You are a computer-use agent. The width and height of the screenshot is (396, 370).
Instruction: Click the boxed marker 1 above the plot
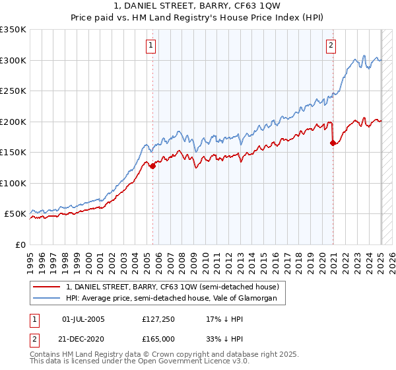152,46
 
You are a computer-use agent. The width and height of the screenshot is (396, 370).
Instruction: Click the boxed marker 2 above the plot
331,46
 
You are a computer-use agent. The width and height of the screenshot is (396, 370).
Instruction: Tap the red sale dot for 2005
152,166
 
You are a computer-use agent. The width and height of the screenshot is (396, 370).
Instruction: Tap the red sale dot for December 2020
333,143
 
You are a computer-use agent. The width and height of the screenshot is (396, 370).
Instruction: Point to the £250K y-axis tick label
13,91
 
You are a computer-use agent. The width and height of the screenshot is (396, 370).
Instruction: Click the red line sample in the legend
47,287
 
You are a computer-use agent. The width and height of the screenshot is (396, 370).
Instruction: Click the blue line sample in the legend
47,299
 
